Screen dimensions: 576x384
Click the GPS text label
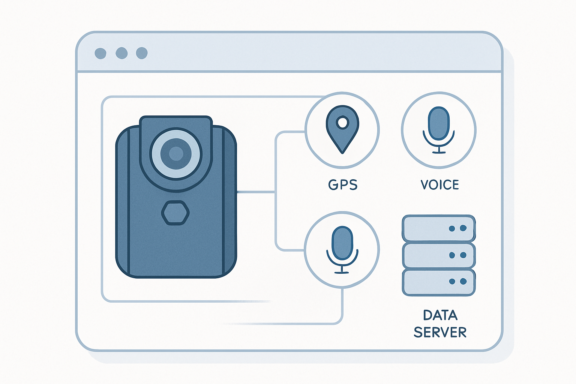(x=343, y=184)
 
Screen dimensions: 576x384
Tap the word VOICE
(x=440, y=184)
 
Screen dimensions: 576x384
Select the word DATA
(x=440, y=315)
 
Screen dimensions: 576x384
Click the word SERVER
(x=440, y=332)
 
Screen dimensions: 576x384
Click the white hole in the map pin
(x=342, y=122)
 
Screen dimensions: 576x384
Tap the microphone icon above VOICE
(x=439, y=130)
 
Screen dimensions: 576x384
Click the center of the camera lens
(x=176, y=153)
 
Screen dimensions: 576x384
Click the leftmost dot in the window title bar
(x=100, y=53)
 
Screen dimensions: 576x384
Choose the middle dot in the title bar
(x=121, y=53)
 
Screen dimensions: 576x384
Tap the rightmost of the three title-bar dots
(x=142, y=53)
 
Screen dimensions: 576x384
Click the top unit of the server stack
(x=439, y=228)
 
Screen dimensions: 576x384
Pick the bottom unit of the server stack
(x=439, y=282)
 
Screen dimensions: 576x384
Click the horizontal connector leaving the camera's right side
(x=256, y=192)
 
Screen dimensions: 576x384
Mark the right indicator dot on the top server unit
(x=463, y=228)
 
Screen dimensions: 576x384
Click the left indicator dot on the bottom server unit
(x=452, y=282)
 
